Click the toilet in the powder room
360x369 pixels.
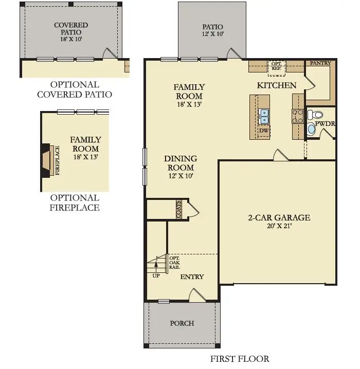pos(317,115)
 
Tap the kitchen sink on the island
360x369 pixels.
pos(264,117)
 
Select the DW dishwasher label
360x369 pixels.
pos(264,131)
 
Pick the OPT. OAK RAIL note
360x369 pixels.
pos(175,262)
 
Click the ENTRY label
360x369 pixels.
pos(192,276)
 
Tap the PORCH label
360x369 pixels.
pos(182,323)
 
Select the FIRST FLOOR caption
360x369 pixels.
pos(240,359)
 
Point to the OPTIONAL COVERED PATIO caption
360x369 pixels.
pos(75,89)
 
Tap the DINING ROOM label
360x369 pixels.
pos(181,163)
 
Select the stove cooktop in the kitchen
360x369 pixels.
pos(298,116)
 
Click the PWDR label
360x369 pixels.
pos(326,124)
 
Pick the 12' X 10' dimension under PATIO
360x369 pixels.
pos(212,34)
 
